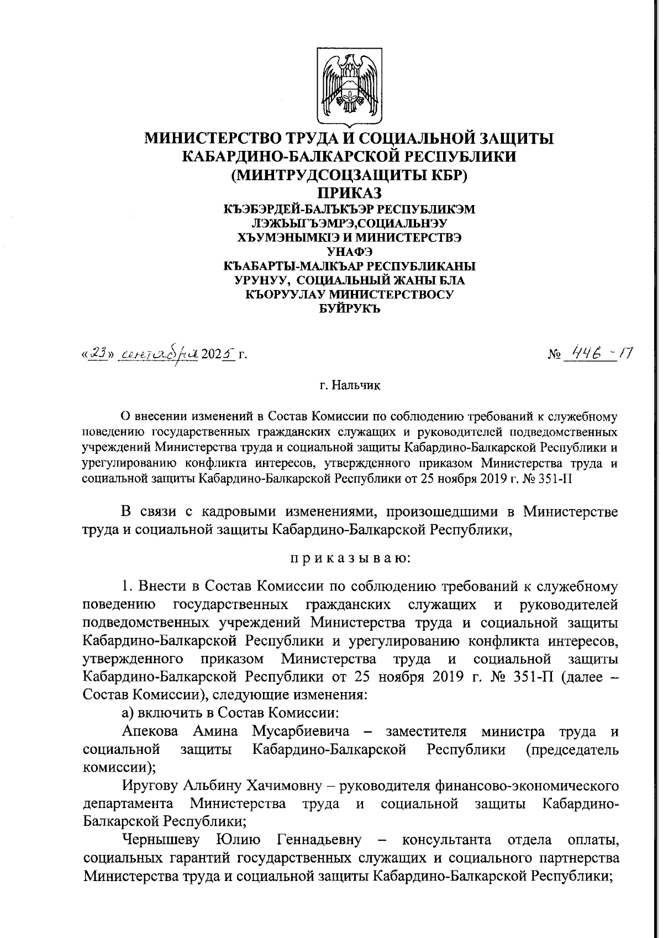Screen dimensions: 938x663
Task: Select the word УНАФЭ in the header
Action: click(349, 252)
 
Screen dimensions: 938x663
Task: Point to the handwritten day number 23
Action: click(99, 352)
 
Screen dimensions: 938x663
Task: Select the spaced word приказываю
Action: click(350, 558)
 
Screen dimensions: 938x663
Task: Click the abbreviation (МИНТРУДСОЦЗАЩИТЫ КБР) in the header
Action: click(349, 175)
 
